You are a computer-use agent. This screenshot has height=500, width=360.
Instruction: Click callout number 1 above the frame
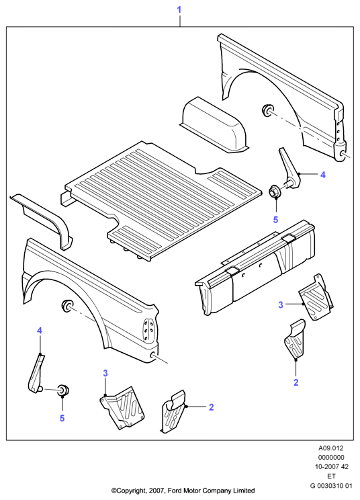[x=179, y=10]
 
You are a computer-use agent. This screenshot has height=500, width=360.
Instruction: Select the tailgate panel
[x=255, y=268]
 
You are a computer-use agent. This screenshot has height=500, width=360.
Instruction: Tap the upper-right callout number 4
[x=323, y=175]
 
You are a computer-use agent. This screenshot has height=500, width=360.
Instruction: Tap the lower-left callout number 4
[x=40, y=331]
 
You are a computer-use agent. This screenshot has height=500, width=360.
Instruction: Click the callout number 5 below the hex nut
[x=275, y=219]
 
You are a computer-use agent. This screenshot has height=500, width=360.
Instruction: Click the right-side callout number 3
[x=281, y=305]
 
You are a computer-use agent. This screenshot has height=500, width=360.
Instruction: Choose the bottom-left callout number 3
[x=105, y=373]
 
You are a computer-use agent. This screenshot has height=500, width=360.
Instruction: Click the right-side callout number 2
[x=296, y=382]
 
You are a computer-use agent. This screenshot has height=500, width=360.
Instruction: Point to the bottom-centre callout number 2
[x=211, y=407]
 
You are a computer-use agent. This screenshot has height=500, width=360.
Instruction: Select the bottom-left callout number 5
[x=62, y=418]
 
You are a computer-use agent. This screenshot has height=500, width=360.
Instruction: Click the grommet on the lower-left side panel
[x=66, y=306]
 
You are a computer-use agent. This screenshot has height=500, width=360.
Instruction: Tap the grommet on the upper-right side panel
[x=267, y=111]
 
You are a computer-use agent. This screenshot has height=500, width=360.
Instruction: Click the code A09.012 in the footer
[x=331, y=448]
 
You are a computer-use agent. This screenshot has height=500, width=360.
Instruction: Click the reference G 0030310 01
[x=331, y=487]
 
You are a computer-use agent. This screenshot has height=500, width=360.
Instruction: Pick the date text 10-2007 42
[x=331, y=467]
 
